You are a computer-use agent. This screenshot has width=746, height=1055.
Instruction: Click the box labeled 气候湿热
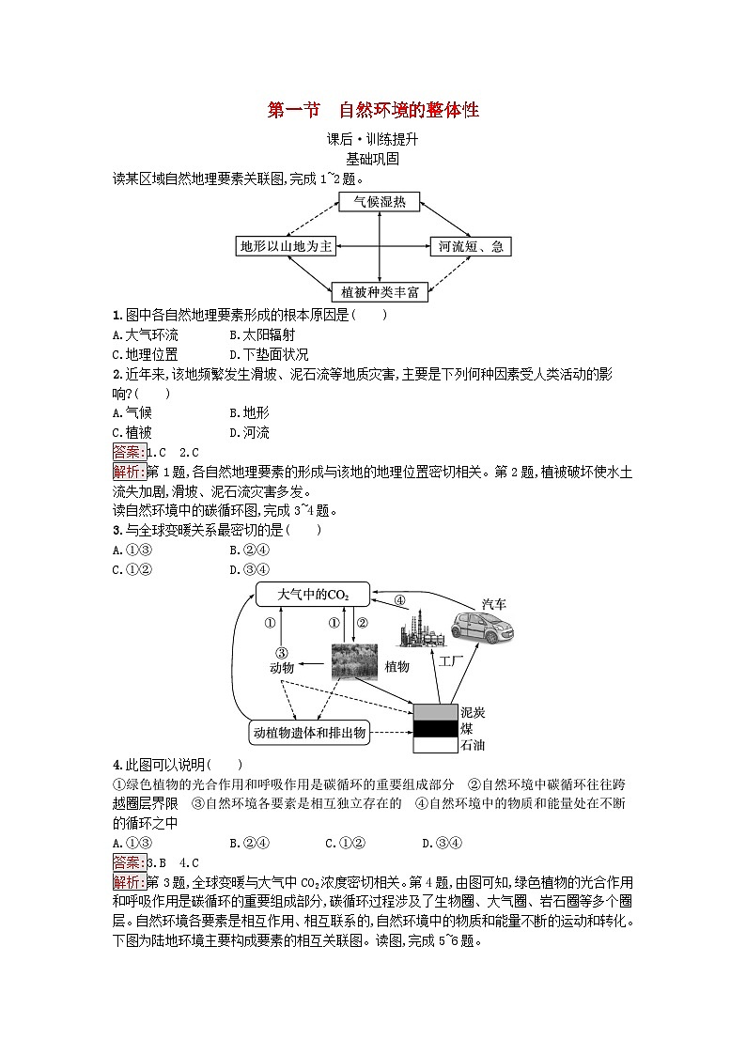(379, 201)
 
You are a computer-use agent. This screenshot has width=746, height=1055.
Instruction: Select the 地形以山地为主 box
(286, 246)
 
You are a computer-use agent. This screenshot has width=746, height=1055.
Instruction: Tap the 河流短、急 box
(471, 246)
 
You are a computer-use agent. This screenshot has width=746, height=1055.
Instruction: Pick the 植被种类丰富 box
(380, 291)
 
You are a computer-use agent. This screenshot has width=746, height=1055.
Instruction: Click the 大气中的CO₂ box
(313, 595)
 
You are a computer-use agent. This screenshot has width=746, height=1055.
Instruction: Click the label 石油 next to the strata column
(472, 746)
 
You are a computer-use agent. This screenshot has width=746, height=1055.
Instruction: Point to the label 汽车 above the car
(493, 604)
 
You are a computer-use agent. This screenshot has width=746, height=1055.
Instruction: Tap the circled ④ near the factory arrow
(398, 600)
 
